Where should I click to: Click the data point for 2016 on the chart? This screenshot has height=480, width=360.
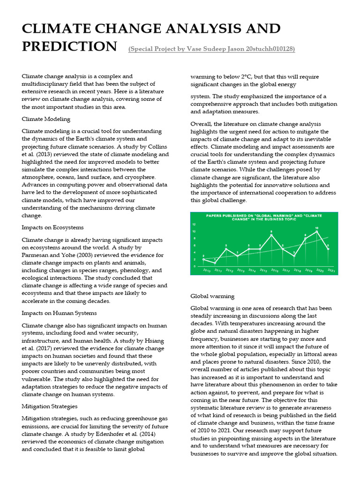(x=271, y=235)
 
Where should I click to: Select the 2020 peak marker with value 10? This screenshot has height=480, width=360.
(x=316, y=232)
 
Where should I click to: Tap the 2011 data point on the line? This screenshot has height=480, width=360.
(x=215, y=263)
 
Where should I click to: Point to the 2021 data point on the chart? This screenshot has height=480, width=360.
(x=328, y=249)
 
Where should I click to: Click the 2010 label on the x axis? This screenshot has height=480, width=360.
(x=206, y=270)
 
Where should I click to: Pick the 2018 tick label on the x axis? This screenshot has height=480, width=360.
(x=297, y=270)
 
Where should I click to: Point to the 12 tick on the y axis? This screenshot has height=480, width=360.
(x=194, y=225)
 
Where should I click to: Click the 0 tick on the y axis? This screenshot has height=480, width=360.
(x=194, y=266)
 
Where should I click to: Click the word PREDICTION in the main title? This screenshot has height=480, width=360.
(x=69, y=46)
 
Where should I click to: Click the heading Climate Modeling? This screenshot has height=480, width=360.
(x=46, y=119)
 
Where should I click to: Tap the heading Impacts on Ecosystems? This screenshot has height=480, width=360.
(x=52, y=227)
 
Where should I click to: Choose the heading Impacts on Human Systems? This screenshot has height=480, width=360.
(x=59, y=313)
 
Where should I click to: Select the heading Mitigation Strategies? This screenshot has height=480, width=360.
(x=50, y=406)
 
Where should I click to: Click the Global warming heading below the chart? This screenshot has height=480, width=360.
(x=212, y=296)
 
